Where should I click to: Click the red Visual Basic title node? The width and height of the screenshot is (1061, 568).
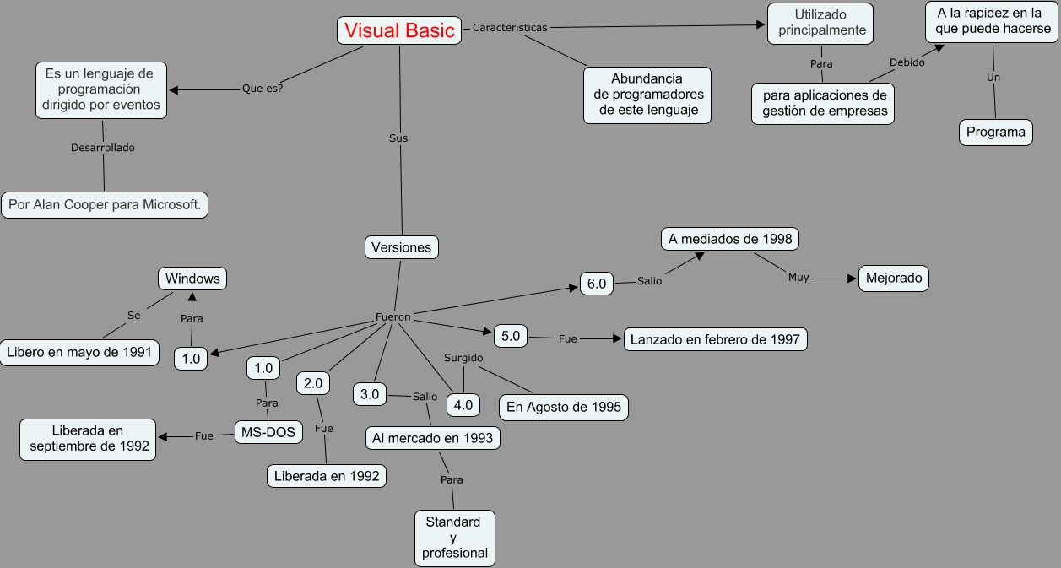click(399, 30)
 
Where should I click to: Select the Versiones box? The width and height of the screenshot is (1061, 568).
click(401, 247)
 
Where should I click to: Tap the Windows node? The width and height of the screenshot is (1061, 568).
click(192, 279)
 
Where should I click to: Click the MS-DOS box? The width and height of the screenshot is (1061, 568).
click(268, 432)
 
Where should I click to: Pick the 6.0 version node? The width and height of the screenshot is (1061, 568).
click(596, 284)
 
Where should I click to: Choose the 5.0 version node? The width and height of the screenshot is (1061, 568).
click(511, 336)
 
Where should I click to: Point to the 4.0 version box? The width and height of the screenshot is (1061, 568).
click(463, 405)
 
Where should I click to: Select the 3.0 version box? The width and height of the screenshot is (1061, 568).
click(370, 394)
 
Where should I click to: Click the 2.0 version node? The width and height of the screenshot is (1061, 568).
click(313, 383)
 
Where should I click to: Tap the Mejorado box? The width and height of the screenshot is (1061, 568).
click(894, 279)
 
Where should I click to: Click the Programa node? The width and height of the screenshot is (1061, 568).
click(996, 133)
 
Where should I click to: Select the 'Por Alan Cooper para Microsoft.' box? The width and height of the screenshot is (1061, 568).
click(105, 205)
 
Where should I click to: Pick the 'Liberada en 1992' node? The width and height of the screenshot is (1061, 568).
click(327, 476)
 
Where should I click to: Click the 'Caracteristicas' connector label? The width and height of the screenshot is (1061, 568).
click(510, 28)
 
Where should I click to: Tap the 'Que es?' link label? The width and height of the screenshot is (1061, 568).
click(263, 88)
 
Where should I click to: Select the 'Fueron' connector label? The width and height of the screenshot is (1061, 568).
click(393, 317)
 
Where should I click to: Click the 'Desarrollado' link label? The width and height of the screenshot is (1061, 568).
click(103, 148)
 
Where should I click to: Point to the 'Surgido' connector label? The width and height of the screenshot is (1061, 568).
click(463, 358)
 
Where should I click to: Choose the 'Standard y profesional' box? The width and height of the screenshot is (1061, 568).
click(455, 538)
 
